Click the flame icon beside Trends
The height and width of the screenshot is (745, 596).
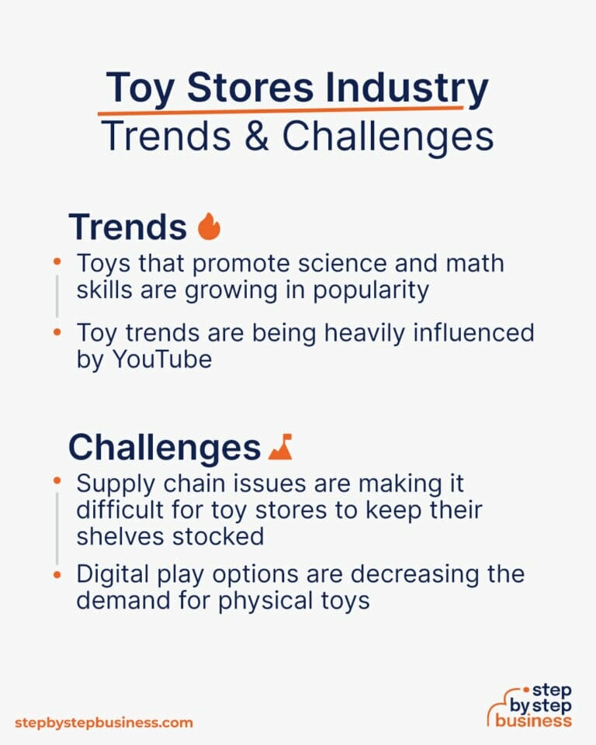[x=209, y=227]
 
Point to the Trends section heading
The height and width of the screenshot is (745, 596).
[x=128, y=227]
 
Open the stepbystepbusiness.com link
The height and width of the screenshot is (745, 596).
[x=103, y=722]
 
